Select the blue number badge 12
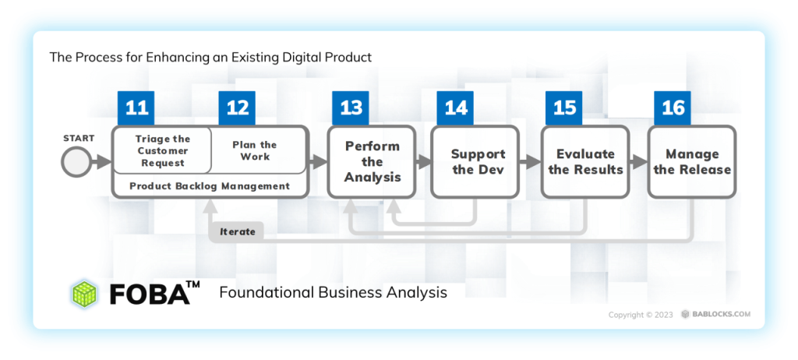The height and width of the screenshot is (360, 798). click(237, 108)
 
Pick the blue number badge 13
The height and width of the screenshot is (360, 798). click(351, 108)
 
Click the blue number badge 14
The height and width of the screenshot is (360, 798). click(455, 108)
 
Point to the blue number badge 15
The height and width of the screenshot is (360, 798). click(564, 108)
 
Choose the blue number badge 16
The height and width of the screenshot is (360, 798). click(673, 108)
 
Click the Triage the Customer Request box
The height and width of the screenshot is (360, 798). click(163, 150)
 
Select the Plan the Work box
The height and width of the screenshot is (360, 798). click(255, 150)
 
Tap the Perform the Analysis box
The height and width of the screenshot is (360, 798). click(373, 161)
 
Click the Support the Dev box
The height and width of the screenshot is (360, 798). click(478, 161)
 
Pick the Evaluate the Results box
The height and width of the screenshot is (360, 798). click(586, 161)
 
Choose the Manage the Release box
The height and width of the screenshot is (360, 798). click(692, 161)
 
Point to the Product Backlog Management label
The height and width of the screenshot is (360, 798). click(210, 186)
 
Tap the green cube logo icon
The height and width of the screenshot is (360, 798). click(84, 293)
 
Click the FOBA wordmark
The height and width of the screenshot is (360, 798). click(150, 294)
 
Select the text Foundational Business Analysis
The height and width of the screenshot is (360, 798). click(333, 293)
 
